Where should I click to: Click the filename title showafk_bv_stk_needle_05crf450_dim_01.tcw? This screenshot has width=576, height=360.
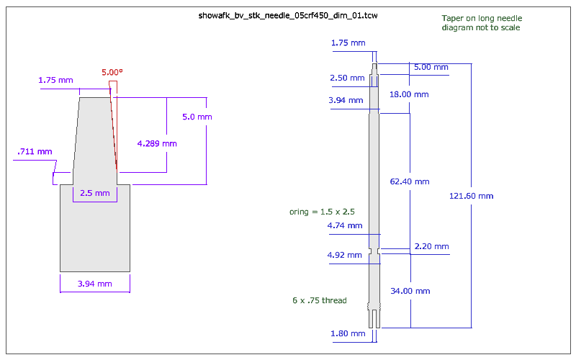coord(287,15)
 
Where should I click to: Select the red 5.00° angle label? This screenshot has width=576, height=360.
coord(112,73)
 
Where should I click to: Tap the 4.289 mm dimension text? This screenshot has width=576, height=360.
coord(157,143)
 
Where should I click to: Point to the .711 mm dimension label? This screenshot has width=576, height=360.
coord(35,151)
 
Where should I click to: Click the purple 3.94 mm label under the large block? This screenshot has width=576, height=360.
coord(94,284)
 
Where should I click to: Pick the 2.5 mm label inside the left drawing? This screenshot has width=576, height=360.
coord(94,193)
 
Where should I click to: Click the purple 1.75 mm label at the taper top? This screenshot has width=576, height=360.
coord(56,79)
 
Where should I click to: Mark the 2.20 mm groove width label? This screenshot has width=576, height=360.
coord(431,247)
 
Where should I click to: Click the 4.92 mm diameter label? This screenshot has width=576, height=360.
coord(345,255)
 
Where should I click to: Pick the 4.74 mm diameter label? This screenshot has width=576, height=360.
coord(345,225)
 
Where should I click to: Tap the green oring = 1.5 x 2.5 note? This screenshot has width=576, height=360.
coord(323,212)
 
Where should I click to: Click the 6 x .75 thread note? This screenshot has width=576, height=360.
coord(320,300)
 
